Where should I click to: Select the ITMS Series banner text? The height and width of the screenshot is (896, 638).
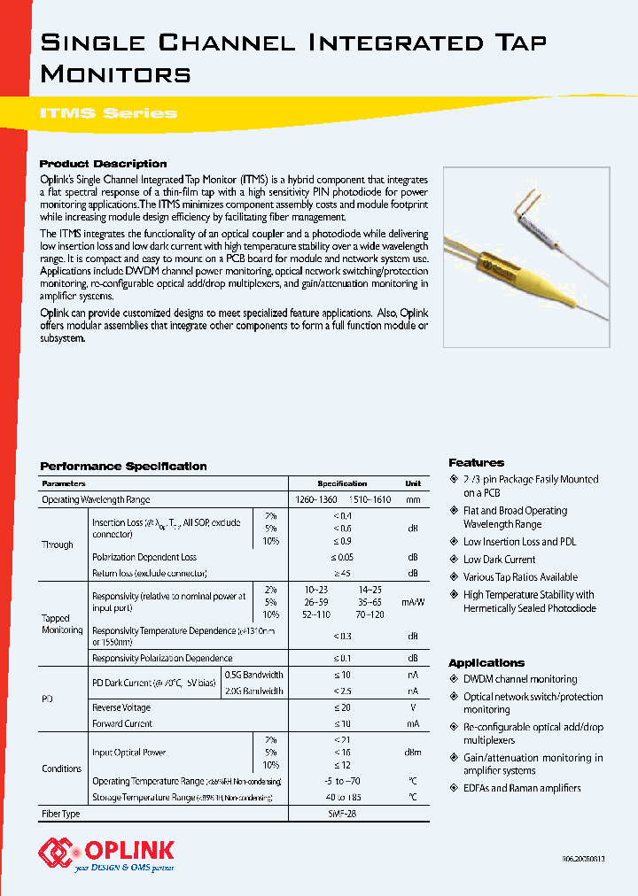[109, 112]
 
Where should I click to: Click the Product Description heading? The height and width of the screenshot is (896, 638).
[103, 164]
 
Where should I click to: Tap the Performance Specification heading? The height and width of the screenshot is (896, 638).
[123, 467]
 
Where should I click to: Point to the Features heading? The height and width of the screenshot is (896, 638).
[476, 462]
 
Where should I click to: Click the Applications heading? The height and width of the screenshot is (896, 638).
[486, 663]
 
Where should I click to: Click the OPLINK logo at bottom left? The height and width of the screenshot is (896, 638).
[106, 854]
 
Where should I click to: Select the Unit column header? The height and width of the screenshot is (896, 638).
[412, 484]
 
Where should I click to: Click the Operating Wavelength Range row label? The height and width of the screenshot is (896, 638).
[96, 500]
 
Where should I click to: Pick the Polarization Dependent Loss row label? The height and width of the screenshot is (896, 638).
[144, 558]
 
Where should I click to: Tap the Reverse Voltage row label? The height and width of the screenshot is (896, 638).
[121, 708]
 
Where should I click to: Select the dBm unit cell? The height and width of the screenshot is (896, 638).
[412, 753]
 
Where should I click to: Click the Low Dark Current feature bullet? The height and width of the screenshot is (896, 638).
[499, 560]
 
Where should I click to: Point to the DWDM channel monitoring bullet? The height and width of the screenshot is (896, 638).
[519, 680]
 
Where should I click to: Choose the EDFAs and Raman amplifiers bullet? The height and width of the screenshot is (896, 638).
[522, 788]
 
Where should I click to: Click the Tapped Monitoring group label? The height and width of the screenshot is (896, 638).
[62, 624]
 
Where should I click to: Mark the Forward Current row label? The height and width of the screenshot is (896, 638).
[122, 724]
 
